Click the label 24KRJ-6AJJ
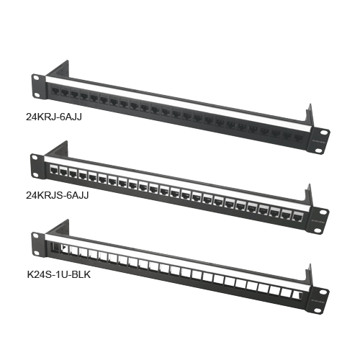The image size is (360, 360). coord(54,117)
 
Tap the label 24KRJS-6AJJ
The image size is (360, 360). coord(57,195)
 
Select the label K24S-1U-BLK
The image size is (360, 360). coord(59,274)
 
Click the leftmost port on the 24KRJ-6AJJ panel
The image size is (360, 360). coord(55,91)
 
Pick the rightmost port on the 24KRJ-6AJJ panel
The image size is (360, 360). coord(298,138)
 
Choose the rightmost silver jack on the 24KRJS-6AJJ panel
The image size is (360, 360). coord(298,217)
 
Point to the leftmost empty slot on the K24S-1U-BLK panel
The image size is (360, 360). coord(55,247)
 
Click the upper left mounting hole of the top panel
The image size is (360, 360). coord(36,78)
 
